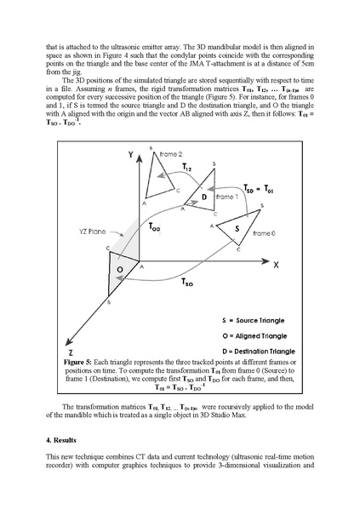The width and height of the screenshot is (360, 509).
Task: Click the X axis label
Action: click(x=277, y=264)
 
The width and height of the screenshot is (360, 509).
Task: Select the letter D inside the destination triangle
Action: click(x=205, y=197)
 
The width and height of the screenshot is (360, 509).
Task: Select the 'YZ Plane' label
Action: click(x=76, y=230)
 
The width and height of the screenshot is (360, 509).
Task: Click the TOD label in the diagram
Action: click(x=154, y=227)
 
